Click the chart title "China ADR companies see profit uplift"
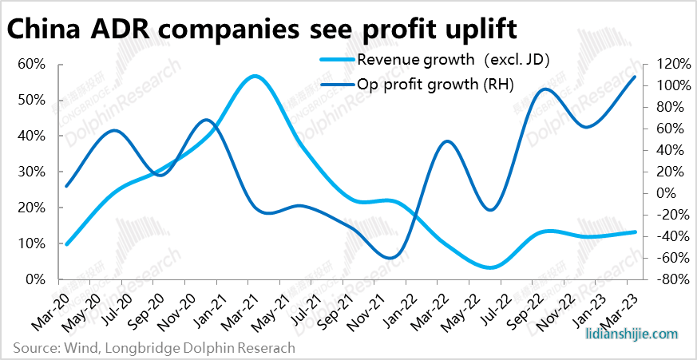click(262, 29)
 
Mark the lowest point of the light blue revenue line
click(489, 267)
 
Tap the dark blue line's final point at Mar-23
click(635, 77)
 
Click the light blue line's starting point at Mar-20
click(66, 243)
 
